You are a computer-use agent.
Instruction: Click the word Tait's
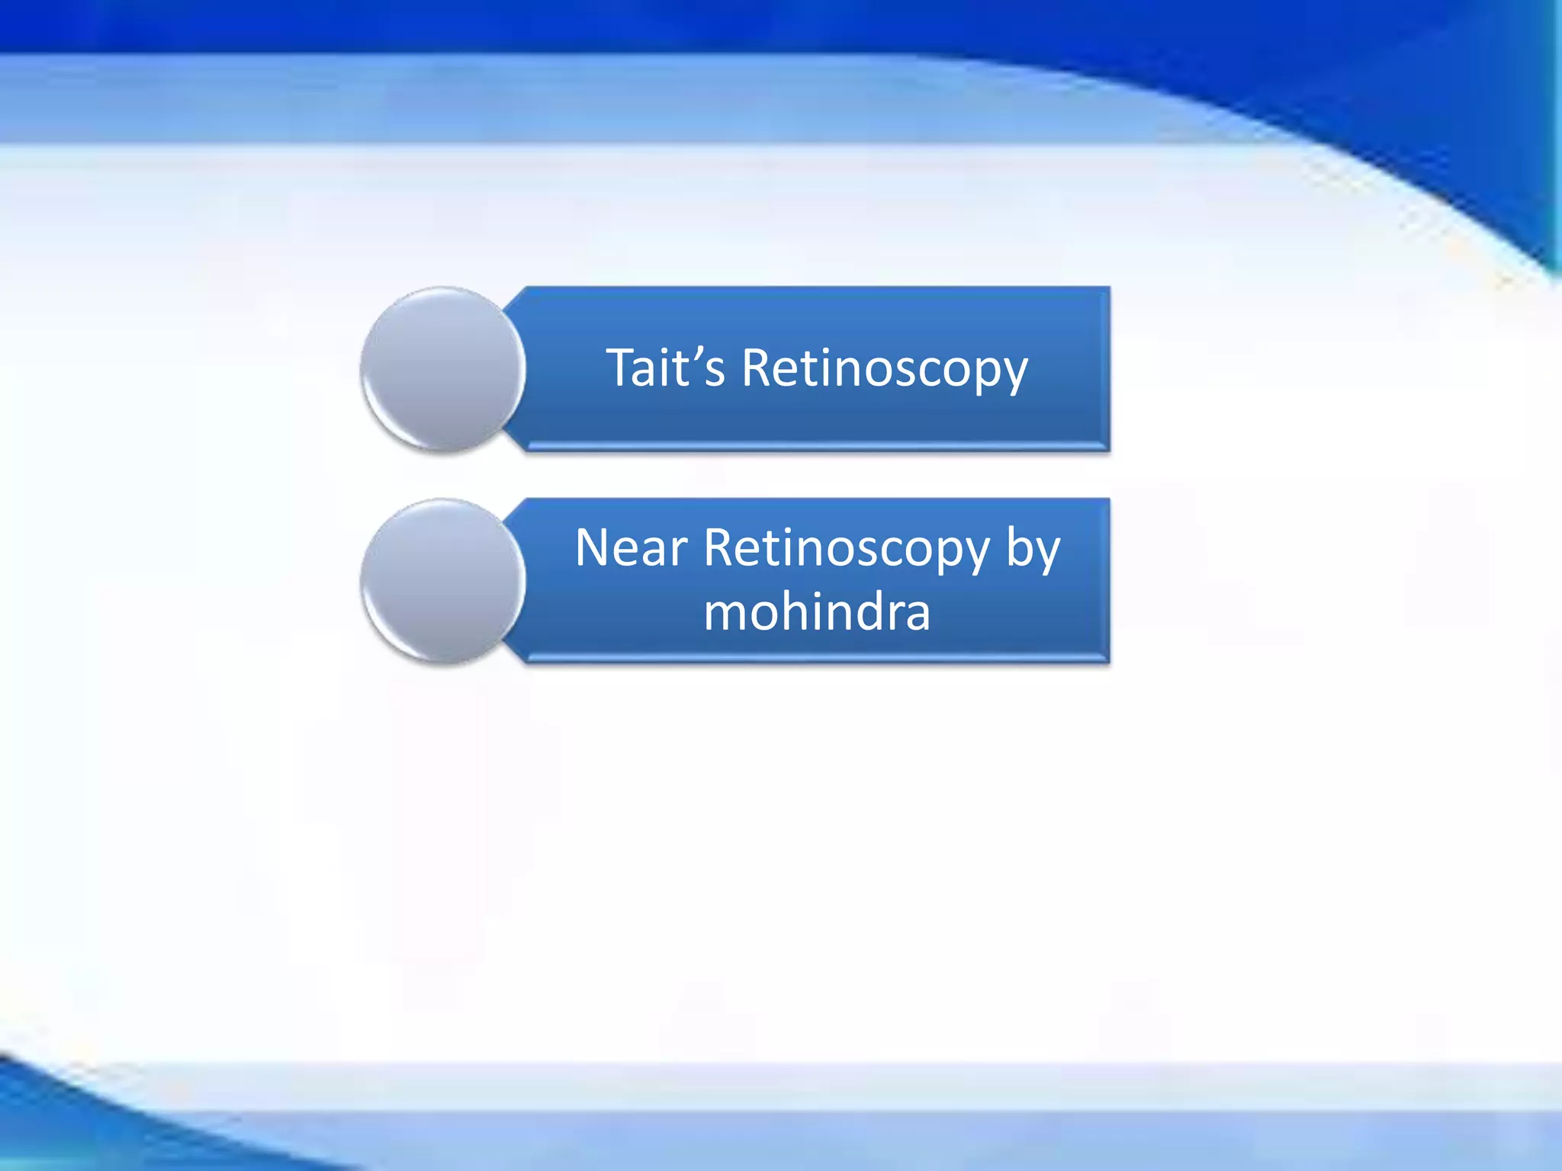pyautogui.click(x=665, y=368)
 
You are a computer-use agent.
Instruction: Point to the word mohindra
pyautogui.click(x=817, y=613)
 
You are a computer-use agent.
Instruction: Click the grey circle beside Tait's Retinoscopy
pyautogui.click(x=443, y=369)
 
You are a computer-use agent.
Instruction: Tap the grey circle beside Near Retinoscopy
pyautogui.click(x=443, y=581)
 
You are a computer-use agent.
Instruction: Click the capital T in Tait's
pyautogui.click(x=622, y=368)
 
